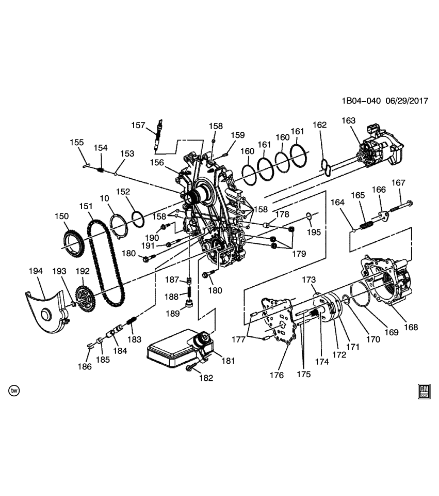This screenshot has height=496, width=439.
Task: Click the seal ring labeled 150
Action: coord(72,242)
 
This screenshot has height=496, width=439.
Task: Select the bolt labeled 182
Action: coord(191,367)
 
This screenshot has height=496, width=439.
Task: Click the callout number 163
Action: coord(349,121)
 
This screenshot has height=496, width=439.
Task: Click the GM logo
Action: coord(424,391)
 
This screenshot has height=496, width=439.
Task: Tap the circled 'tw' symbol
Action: coord(14,391)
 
